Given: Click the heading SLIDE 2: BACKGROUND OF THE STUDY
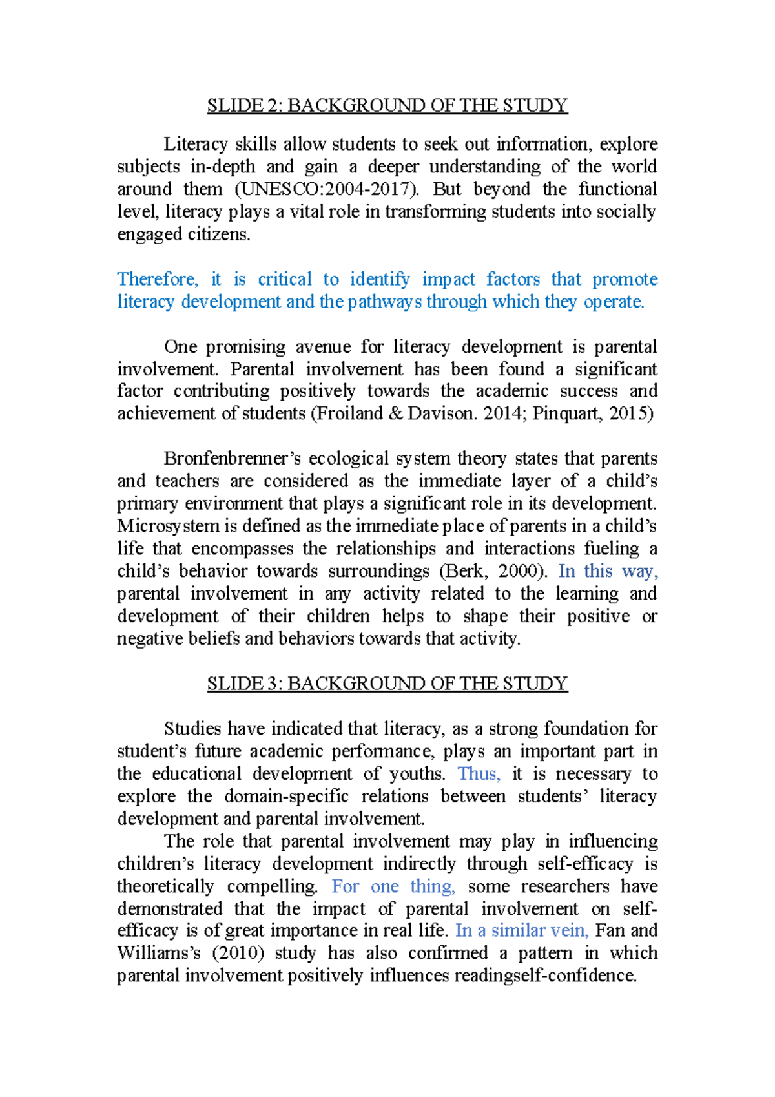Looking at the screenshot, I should point(387,105).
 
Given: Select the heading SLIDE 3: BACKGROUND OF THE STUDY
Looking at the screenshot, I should point(387,684).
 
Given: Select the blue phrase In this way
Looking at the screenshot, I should point(608,571).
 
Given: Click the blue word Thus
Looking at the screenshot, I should point(479,774).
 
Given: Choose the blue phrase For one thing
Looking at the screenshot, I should point(393,886).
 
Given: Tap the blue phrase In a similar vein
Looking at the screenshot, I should point(522,931).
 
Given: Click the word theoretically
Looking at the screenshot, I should point(165,886).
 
